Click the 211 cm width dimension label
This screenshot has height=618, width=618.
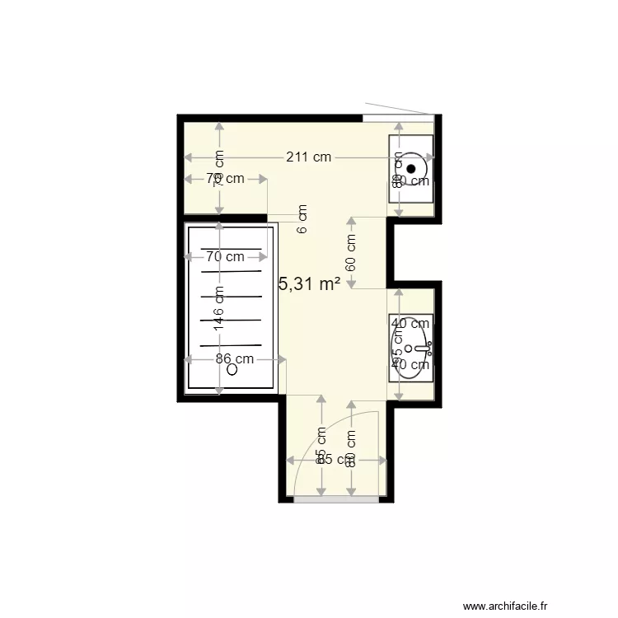point(309,157)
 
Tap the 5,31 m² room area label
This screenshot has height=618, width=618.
point(311,284)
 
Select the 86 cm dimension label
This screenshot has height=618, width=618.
point(234,358)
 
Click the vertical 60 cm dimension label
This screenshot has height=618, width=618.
point(351,253)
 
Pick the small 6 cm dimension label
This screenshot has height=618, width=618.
point(302,219)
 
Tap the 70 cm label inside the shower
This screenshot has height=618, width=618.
point(225,256)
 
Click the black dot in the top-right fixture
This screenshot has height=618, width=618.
point(411,169)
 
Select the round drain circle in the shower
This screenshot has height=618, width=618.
point(232,370)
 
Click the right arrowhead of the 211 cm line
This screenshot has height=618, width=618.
point(431,157)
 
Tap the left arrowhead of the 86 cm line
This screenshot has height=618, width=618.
point(188,359)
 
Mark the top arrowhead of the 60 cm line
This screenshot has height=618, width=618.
point(351,220)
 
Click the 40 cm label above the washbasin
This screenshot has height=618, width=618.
point(410,324)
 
